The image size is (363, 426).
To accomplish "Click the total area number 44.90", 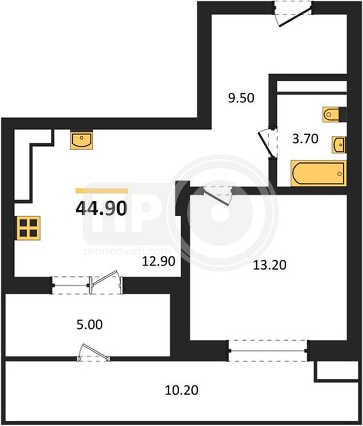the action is click(101, 208).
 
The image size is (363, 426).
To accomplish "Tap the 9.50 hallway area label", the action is click(241, 98).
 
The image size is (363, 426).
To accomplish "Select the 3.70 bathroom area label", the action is click(305, 139).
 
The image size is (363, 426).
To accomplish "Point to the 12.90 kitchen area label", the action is click(159, 261).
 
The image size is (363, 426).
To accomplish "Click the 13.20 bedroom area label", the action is click(270, 265).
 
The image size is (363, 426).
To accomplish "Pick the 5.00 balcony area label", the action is click(90, 325).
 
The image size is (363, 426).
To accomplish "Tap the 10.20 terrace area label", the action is click(182, 390).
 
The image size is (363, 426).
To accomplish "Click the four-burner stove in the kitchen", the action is click(28, 228).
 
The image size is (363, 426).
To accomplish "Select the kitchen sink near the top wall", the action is click(82, 140).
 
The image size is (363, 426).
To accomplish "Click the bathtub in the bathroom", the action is click(318, 174).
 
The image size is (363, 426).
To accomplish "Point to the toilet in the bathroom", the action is click(331, 114).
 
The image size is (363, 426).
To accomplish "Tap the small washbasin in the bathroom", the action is click(339, 145).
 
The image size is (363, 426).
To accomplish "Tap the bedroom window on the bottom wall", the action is click(268, 351).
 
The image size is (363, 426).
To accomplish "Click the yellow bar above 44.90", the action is click(101, 191).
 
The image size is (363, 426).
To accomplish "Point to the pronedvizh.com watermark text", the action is click(127, 251).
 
